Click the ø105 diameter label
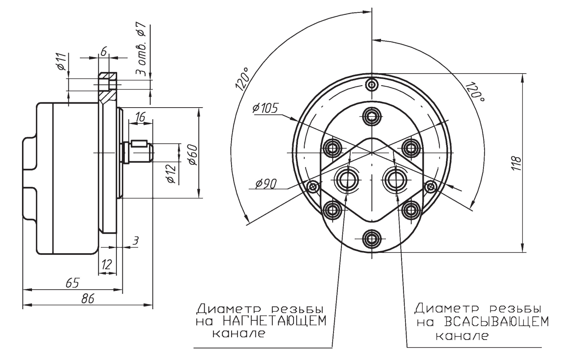click(265, 108)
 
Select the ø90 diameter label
click(266, 184)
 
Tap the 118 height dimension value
click(516, 163)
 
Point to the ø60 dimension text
click(194, 154)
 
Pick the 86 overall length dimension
click(88, 299)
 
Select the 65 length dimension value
click(72, 283)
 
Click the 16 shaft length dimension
click(140, 117)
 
